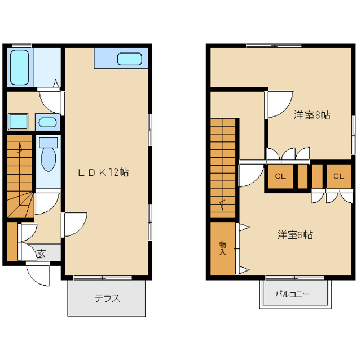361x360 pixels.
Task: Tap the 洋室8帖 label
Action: coord(311,115)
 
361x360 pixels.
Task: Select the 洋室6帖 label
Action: coord(294,234)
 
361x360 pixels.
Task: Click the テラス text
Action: coord(107,299)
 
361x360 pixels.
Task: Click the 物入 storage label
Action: coord(223,248)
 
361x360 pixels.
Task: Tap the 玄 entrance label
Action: coord(42,254)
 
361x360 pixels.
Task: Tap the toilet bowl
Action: coord(49,155)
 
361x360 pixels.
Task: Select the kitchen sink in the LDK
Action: coord(130,59)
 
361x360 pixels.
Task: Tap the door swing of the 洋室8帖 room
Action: coord(277,105)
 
